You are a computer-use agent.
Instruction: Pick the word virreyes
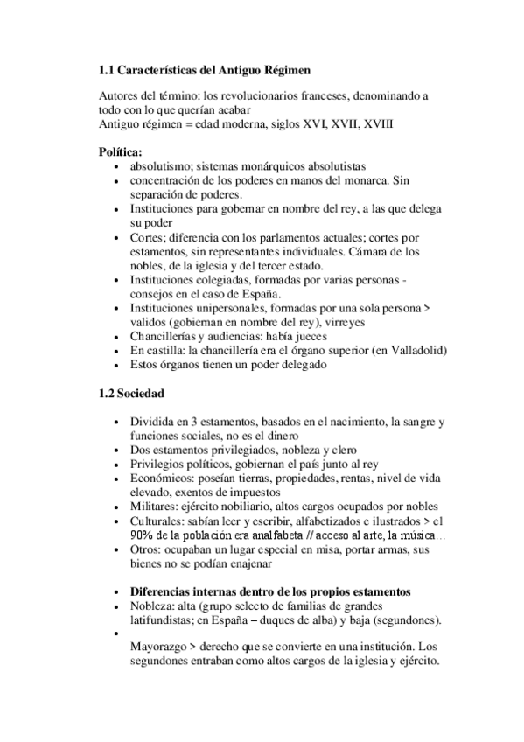click(323, 322)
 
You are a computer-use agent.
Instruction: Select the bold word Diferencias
click(165, 592)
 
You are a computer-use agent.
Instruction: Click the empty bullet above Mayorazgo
click(119, 636)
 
